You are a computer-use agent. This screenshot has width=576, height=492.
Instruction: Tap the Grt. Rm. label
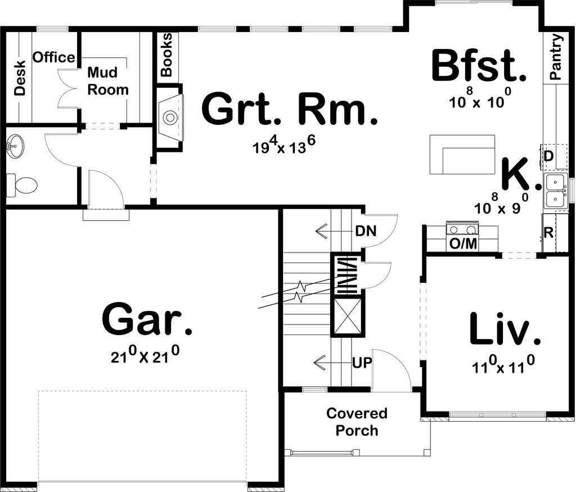[x=290, y=109]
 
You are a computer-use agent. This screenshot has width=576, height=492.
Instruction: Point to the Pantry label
[x=556, y=57]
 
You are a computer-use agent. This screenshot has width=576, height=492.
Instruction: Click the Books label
[x=166, y=55]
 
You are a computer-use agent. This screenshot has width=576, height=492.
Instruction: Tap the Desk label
[x=20, y=78]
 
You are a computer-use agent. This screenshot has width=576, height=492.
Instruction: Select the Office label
[x=53, y=57]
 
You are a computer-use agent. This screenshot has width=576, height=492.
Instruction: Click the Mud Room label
[x=108, y=81]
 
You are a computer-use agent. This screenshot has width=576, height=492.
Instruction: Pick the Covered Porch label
[x=357, y=422]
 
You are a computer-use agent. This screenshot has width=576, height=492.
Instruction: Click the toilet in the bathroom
[x=22, y=184]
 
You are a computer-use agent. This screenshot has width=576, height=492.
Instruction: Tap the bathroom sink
[x=15, y=147]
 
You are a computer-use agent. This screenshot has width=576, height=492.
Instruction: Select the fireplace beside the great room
[x=170, y=118]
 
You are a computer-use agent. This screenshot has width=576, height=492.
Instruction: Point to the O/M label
[x=463, y=244]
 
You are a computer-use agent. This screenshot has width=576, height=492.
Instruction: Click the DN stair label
[x=366, y=231]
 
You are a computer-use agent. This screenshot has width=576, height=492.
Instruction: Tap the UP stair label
[x=362, y=363]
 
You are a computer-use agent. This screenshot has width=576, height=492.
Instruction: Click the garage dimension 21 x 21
[x=145, y=355]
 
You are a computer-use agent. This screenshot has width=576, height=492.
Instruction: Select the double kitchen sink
[x=555, y=191]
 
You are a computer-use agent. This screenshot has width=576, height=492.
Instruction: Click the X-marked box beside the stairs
[x=347, y=315]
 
